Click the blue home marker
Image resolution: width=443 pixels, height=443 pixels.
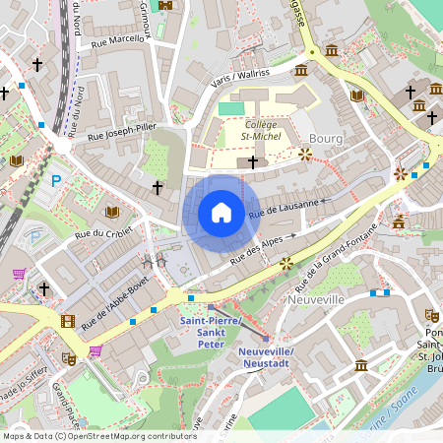pyautogui.click(x=221, y=213)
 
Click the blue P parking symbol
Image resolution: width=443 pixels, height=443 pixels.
pyautogui.click(x=56, y=180)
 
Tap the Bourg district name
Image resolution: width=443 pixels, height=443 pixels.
pyautogui.click(x=325, y=138)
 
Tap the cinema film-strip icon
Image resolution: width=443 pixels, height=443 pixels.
pyautogui.click(x=67, y=320)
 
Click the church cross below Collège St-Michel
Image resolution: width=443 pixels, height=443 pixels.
pyautogui.click(x=253, y=160)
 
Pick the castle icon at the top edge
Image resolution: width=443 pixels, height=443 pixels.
pyautogui.click(x=164, y=5)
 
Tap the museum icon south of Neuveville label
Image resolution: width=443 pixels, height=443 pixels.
pyautogui.click(x=361, y=365)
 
